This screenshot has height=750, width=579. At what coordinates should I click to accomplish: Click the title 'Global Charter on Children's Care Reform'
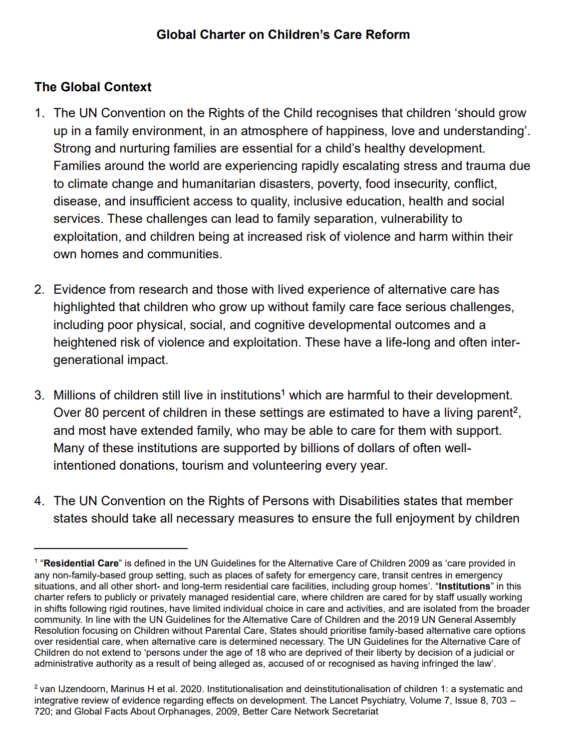pyautogui.click(x=283, y=34)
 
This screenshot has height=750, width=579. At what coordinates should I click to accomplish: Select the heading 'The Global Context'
pyautogui.click(x=93, y=87)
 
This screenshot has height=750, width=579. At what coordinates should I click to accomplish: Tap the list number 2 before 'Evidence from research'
pyautogui.click(x=39, y=290)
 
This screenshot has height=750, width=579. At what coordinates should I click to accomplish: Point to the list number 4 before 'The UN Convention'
pyautogui.click(x=39, y=501)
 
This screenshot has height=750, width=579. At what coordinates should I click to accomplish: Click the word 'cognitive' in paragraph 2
pyautogui.click(x=280, y=325)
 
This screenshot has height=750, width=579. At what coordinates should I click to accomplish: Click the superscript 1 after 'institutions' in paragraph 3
pyautogui.click(x=283, y=392)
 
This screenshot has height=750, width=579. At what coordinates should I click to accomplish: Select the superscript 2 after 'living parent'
pyautogui.click(x=516, y=410)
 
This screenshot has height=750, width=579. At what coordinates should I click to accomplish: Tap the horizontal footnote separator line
pyautogui.click(x=111, y=548)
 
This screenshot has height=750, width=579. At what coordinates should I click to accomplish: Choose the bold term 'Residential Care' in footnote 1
pyautogui.click(x=81, y=563)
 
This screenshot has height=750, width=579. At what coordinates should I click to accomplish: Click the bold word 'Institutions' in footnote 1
pyautogui.click(x=464, y=586)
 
